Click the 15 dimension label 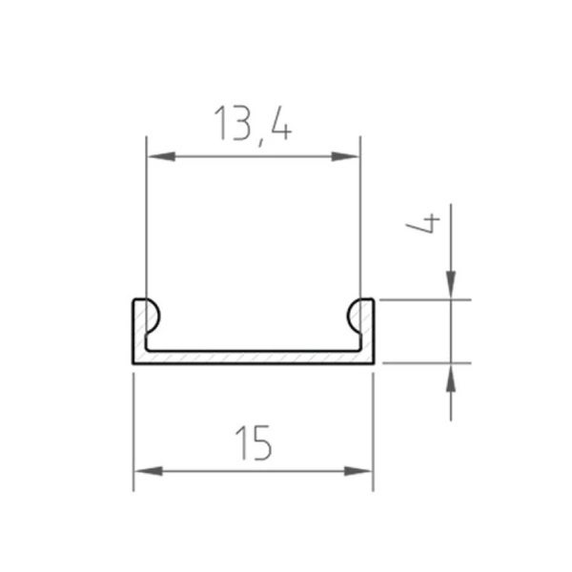pos(253,441)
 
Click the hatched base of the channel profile pos(253,357)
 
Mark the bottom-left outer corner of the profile pos(133,363)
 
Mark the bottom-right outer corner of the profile pos(373,363)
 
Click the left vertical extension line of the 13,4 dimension pos(146,219)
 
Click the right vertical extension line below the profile pos(373,429)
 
